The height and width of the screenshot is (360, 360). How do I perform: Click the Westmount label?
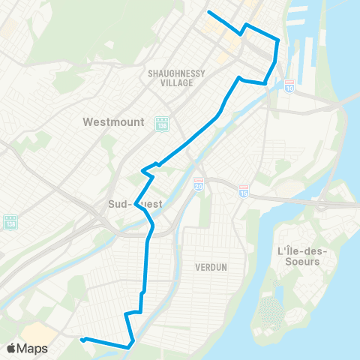pos(113,121)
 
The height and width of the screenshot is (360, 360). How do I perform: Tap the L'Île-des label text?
pos(299,250)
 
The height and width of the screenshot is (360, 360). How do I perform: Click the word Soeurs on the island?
pos(298,262)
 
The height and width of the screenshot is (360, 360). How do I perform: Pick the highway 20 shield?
pos(199,183)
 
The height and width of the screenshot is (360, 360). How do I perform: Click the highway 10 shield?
pos(289,86)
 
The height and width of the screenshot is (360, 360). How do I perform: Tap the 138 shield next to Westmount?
pos(160,122)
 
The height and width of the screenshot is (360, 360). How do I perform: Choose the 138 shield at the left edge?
pos(10,221)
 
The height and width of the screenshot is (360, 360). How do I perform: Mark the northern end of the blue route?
pos(208,13)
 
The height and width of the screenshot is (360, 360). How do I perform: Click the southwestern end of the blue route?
pos(82,340)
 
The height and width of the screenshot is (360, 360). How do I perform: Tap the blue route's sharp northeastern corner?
pos(278,40)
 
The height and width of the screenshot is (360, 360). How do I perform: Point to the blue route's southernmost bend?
pos(131,346)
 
